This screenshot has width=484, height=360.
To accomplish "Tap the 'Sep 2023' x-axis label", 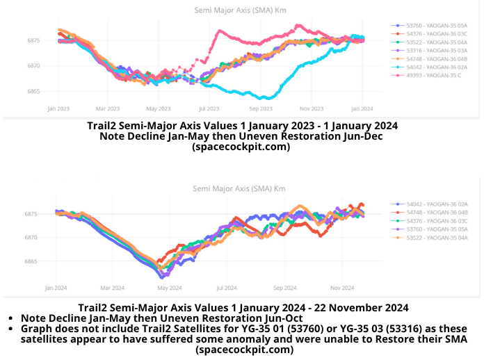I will click(x=260, y=108).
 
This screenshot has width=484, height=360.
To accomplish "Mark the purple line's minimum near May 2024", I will click(x=161, y=277).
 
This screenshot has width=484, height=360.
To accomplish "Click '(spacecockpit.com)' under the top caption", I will click(x=241, y=147).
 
